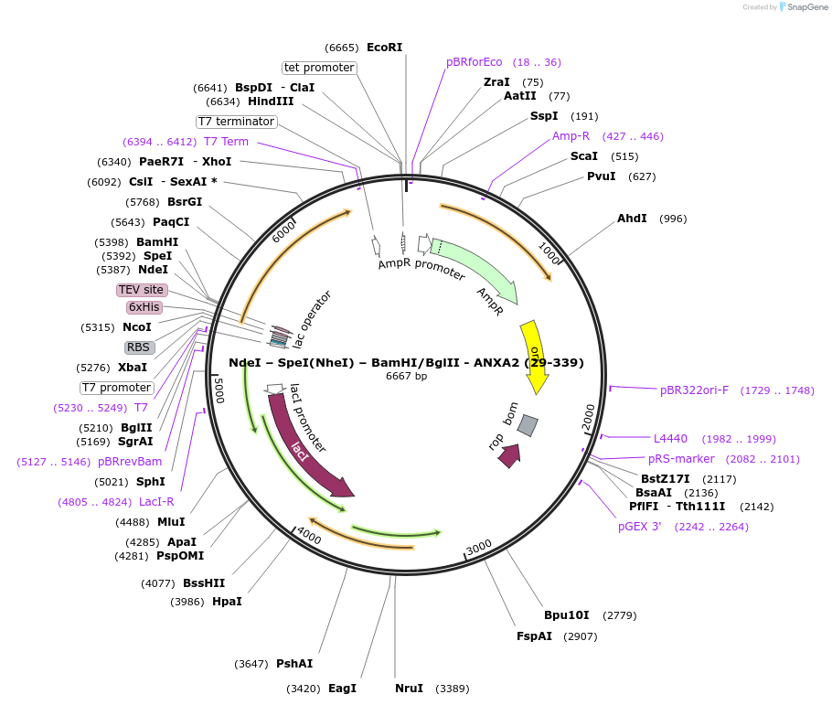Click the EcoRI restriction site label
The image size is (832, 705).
[384, 48]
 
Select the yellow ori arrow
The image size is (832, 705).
[534, 357]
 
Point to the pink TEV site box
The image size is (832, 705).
[142, 290]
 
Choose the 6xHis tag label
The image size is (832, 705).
[144, 307]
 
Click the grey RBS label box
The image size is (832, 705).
[139, 347]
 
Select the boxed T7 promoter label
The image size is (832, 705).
[116, 387]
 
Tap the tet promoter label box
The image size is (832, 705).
[319, 68]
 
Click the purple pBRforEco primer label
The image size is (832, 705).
[475, 62]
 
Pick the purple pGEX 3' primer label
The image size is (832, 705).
[639, 526]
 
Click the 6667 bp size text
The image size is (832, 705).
[406, 376]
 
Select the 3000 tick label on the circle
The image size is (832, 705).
[479, 548]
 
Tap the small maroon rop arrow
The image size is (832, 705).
[509, 454]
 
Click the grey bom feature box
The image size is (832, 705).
[528, 425]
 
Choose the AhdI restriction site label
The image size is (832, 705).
[632, 219]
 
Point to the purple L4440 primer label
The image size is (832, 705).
[670, 439]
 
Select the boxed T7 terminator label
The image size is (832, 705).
[236, 122]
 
